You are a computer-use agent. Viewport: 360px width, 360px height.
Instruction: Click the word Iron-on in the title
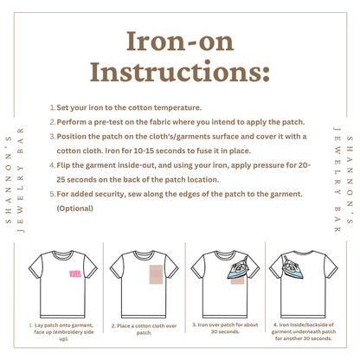tap(180, 42)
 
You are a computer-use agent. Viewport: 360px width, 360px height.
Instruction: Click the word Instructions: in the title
tap(180, 72)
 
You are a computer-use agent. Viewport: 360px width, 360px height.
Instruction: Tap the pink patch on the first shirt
tap(75, 273)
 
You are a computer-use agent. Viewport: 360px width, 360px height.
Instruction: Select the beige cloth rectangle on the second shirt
tap(156, 274)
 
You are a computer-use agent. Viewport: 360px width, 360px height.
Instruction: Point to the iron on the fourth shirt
tap(292, 268)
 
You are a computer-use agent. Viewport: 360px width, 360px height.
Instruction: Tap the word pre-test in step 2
tap(108, 122)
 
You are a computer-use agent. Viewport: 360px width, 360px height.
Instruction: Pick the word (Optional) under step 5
tap(75, 209)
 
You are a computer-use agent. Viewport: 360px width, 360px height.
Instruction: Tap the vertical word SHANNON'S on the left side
tap(9, 180)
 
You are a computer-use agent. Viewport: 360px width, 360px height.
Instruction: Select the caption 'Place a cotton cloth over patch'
tap(144, 329)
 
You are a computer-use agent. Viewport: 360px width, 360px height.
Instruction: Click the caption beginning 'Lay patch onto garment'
tap(61, 332)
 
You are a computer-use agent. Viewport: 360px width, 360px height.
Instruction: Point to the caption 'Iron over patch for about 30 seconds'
tap(225, 328)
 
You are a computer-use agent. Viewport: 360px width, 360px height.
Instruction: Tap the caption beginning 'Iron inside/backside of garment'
tap(304, 331)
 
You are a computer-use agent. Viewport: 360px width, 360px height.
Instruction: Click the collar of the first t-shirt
tap(63, 254)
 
